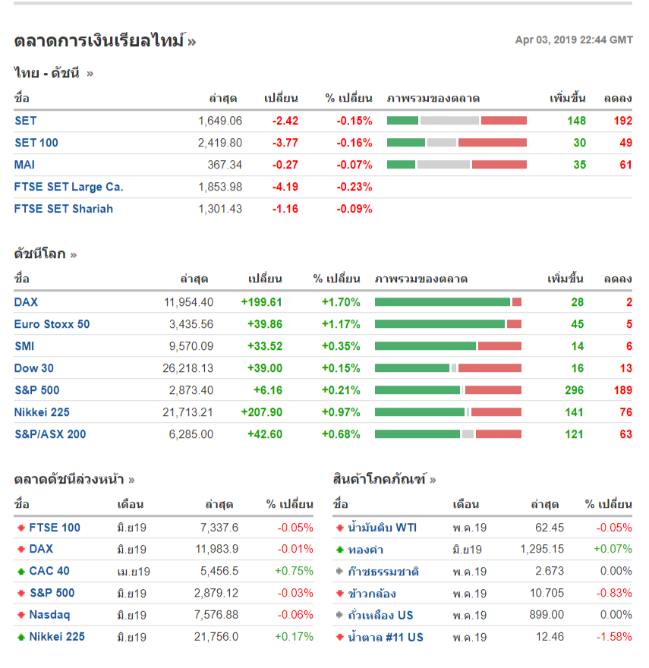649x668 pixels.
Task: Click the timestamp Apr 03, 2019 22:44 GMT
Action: [573, 40]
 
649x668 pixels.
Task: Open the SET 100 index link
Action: [36, 143]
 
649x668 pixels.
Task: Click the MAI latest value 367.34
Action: [225, 165]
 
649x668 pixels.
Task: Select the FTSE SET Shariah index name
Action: [63, 209]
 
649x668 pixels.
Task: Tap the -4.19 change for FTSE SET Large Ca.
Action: [285, 187]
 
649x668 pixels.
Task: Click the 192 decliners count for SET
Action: [622, 121]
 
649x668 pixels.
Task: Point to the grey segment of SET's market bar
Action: [449, 121]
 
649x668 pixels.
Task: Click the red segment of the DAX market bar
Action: [517, 302]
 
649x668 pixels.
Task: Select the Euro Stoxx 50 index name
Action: [52, 324]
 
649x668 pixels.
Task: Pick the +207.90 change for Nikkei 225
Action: [261, 412]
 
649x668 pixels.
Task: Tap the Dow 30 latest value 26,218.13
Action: [188, 368]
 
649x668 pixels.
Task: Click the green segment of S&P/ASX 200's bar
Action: [417, 434]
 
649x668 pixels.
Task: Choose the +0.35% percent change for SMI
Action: [341, 346]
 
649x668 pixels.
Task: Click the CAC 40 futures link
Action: [49, 571]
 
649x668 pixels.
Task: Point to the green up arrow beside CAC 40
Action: [20, 572]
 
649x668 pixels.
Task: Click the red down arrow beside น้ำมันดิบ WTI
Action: [339, 528]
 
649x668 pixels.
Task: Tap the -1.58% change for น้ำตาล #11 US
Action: [614, 637]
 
